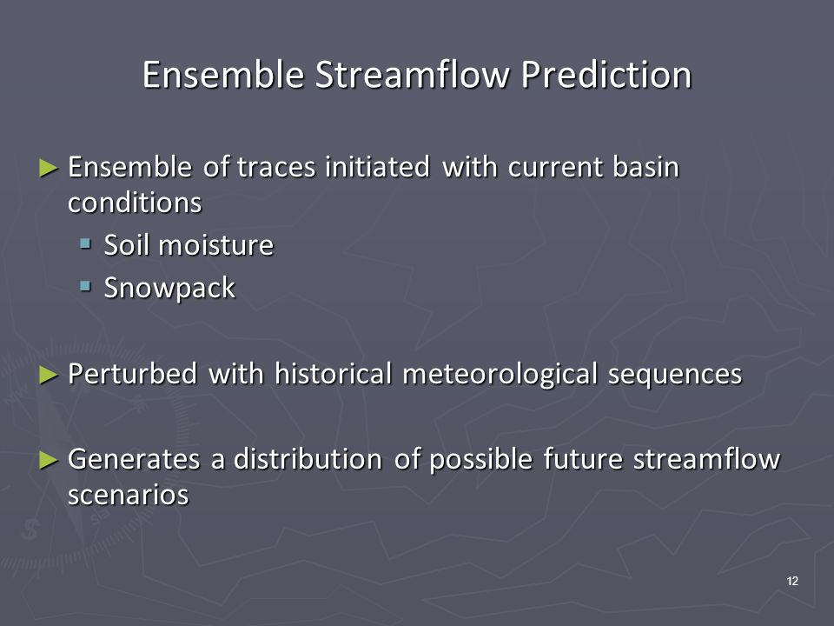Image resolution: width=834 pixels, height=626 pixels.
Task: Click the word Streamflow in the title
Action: coord(412,74)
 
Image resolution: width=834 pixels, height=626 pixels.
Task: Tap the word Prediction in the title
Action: coord(606,74)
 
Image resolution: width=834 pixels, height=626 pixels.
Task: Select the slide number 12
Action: coord(792,581)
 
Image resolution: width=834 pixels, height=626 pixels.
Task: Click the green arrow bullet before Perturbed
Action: coord(49,376)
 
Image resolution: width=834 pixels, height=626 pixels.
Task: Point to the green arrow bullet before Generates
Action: coord(49,460)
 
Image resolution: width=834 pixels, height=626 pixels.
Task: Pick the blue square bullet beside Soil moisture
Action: coord(85,243)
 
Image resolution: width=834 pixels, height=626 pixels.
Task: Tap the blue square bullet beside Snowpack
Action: coord(85,286)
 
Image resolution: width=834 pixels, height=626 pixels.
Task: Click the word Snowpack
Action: coord(169,288)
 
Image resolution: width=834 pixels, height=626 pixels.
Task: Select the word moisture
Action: coord(216,245)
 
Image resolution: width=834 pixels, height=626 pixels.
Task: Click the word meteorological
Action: coord(500,374)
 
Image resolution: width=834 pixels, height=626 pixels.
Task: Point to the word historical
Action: coord(334,373)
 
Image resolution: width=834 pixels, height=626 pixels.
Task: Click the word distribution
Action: coord(308,458)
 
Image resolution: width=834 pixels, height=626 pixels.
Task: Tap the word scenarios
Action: coord(129,495)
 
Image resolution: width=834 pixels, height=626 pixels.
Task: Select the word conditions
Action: coord(136,203)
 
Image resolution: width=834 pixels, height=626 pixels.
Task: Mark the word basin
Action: coord(645,167)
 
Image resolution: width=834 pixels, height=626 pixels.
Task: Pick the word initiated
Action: coord(377,167)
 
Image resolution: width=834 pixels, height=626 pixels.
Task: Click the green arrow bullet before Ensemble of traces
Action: coord(49,168)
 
